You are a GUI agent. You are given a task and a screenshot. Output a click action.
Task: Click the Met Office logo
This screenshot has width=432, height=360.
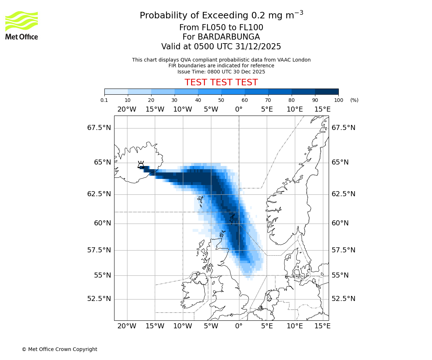pyautogui.click(x=22, y=25)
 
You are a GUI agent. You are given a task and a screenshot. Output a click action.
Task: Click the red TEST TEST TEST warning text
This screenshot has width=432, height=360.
pyautogui.click(x=221, y=82)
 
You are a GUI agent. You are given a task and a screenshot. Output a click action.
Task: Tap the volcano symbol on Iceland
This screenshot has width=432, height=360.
pyautogui.click(x=141, y=165)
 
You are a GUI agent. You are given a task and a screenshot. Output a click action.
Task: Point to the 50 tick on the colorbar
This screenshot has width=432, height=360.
pyautogui.click(x=221, y=95)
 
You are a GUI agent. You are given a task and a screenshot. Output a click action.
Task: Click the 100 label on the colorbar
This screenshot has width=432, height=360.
pyautogui.click(x=338, y=100)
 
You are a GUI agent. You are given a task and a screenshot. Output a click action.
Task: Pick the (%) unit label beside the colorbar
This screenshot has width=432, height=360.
pyautogui.click(x=354, y=100)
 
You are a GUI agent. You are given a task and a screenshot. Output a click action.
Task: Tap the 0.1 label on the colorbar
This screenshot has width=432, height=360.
pyautogui.click(x=104, y=100)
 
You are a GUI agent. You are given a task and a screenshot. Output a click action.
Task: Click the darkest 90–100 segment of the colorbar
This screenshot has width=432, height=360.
pyautogui.click(x=327, y=91)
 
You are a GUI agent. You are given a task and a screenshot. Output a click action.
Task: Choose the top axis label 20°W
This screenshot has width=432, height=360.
pyautogui.click(x=127, y=109)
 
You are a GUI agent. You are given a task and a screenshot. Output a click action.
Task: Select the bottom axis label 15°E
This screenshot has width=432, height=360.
pyautogui.click(x=322, y=326)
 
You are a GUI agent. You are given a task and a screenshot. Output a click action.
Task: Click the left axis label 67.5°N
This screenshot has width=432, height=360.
pyautogui.click(x=99, y=128)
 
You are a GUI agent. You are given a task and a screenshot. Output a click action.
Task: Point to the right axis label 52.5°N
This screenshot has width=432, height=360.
pyautogui.click(x=343, y=299)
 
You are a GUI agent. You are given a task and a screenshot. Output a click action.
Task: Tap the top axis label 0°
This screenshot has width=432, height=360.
pyautogui.click(x=239, y=109)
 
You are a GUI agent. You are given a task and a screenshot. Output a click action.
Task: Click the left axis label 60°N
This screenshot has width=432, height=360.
pyautogui.click(x=102, y=223)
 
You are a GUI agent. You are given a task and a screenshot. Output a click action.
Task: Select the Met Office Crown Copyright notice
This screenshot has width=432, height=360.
pyautogui.click(x=59, y=349)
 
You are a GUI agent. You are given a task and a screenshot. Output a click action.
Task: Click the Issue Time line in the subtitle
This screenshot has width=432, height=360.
pyautogui.click(x=221, y=72)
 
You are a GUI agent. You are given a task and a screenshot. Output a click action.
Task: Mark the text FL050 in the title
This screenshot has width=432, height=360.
pyautogui.click(x=206, y=28)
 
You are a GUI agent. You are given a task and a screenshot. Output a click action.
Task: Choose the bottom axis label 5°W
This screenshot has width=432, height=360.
pyautogui.click(x=211, y=326)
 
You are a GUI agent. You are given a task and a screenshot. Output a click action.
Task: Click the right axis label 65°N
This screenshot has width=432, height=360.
pyautogui.click(x=340, y=162)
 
